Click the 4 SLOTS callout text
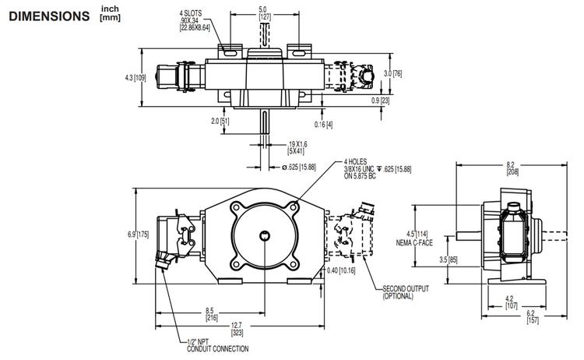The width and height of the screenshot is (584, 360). (x=194, y=20)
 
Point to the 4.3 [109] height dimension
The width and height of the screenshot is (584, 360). (x=135, y=78)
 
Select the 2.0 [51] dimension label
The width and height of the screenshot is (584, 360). (x=219, y=121)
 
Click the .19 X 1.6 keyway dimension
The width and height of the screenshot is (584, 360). (x=276, y=148)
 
